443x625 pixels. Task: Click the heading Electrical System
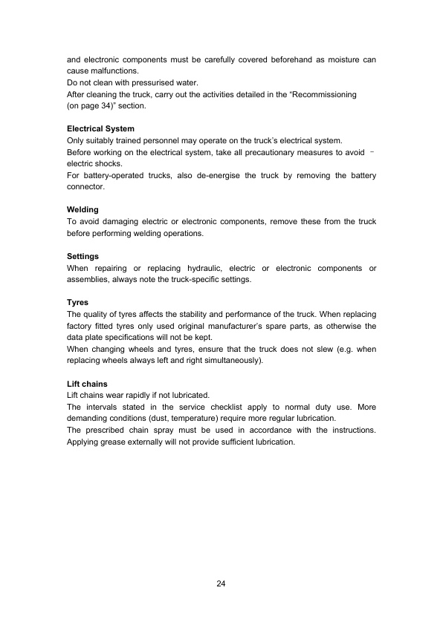(100, 129)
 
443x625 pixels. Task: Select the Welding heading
(83, 210)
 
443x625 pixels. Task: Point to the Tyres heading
(78, 303)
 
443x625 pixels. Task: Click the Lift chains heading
(87, 385)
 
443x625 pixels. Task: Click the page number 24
(221, 583)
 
